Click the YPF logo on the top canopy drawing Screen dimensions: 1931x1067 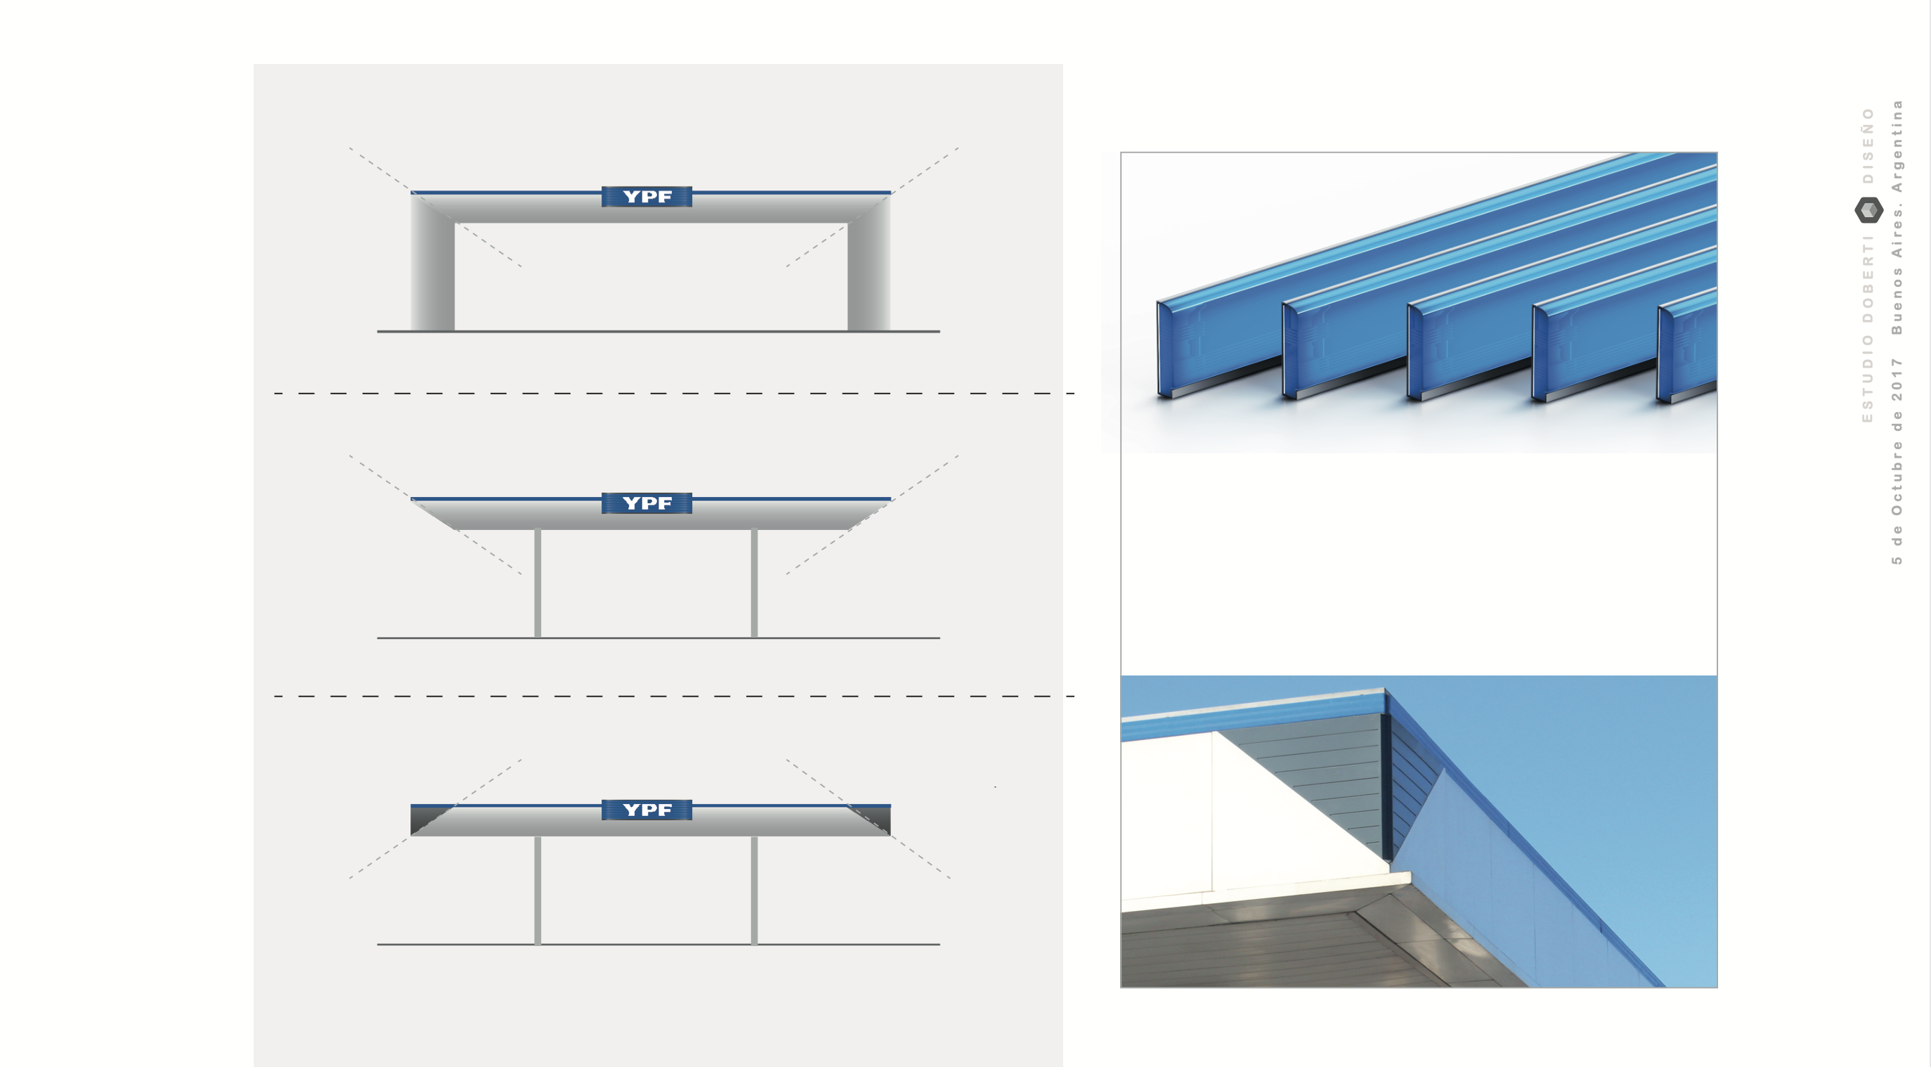coord(646,196)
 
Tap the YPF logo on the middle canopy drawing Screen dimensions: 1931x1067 coord(646,503)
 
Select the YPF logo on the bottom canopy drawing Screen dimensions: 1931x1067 coord(646,810)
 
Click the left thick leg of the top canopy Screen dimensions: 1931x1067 coord(433,262)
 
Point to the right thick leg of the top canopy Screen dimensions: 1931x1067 coord(869,262)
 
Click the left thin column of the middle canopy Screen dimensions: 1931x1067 coord(538,583)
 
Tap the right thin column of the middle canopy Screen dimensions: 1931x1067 coord(754,583)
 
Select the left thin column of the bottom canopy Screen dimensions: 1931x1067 coord(538,890)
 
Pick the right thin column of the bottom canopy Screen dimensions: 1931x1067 coord(754,890)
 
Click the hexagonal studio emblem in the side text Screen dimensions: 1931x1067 coord(1868,210)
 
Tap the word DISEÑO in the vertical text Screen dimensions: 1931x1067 coord(1868,145)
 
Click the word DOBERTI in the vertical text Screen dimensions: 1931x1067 coord(1868,280)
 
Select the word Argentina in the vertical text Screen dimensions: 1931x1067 coord(1897,146)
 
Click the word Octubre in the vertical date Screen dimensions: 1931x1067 coord(1897,478)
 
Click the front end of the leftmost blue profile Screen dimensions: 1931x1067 coord(1164,349)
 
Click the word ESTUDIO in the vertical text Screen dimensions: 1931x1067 coord(1868,379)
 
